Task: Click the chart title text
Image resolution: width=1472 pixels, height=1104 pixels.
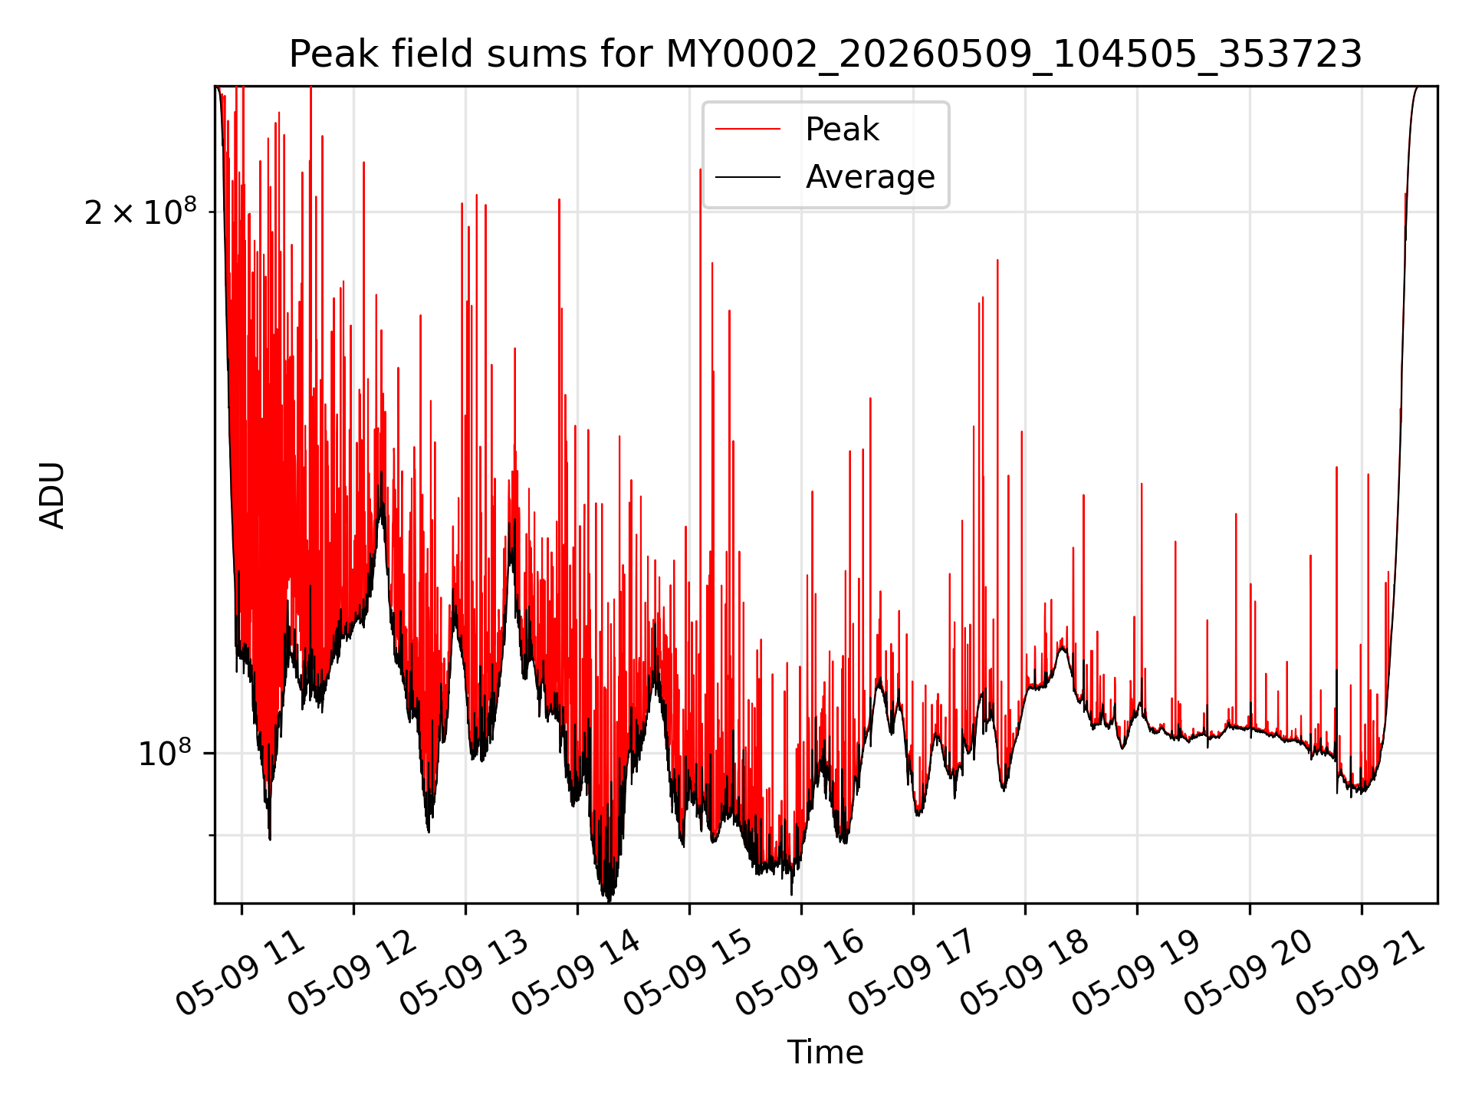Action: pyautogui.click(x=826, y=54)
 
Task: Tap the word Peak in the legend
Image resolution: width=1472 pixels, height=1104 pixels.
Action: pyautogui.click(x=842, y=130)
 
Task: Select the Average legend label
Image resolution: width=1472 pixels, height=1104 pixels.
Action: pyautogui.click(x=870, y=177)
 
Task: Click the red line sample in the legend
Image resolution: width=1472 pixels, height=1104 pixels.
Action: pyautogui.click(x=747, y=130)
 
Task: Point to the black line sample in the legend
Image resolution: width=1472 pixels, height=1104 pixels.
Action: pyautogui.click(x=747, y=177)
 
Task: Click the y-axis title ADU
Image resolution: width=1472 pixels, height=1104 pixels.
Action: pyautogui.click(x=52, y=495)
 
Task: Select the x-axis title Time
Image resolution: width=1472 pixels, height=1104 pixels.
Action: pyautogui.click(x=826, y=1053)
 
